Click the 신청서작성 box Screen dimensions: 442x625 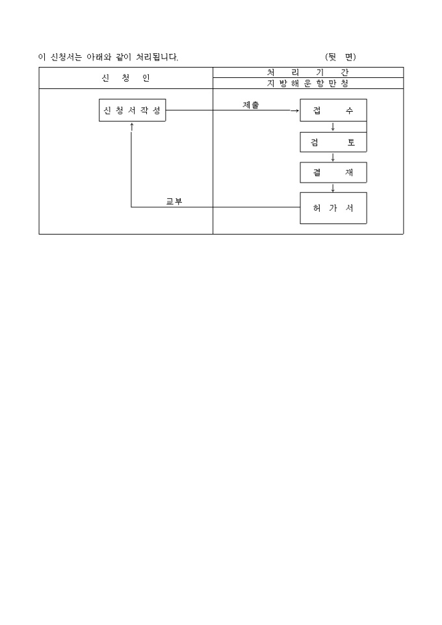[132, 110]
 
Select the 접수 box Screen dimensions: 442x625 [333, 110]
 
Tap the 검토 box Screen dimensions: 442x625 [333, 142]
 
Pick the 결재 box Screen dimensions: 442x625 [333, 173]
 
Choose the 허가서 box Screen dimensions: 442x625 [333, 208]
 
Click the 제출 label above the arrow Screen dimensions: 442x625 [251, 105]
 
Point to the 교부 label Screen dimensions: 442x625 [174, 201]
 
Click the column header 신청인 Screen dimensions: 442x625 [125, 78]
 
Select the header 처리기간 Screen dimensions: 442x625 [307, 73]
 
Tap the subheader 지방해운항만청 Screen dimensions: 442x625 [307, 83]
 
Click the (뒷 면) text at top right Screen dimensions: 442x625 [341, 57]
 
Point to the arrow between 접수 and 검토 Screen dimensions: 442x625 [333, 127]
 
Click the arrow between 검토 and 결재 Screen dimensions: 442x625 [333, 157]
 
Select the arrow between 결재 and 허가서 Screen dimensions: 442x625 [333, 188]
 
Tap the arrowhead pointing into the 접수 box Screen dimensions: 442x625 [296, 110]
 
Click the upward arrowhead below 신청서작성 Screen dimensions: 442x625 [132, 125]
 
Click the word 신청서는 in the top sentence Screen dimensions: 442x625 [66, 57]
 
